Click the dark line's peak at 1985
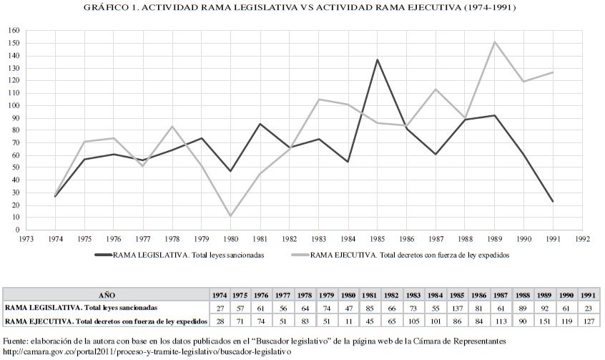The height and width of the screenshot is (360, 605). coord(378,59)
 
